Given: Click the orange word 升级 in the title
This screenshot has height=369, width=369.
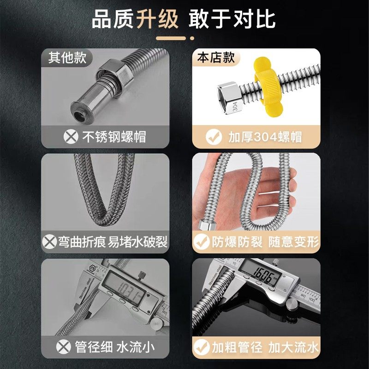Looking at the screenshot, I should [x=157, y=19].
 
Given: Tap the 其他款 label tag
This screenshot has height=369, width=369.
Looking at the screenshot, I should [x=67, y=58].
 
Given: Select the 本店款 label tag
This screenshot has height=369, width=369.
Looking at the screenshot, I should [x=216, y=58].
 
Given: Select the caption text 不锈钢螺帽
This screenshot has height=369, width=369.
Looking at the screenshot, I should [x=113, y=137].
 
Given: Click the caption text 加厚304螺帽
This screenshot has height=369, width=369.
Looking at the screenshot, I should [x=265, y=137].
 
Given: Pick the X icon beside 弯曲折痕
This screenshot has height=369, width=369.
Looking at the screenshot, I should [x=50, y=241].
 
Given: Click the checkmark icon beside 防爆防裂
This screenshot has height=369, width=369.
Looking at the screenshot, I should [x=201, y=241].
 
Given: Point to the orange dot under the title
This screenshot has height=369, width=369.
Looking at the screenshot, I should [x=193, y=37].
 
